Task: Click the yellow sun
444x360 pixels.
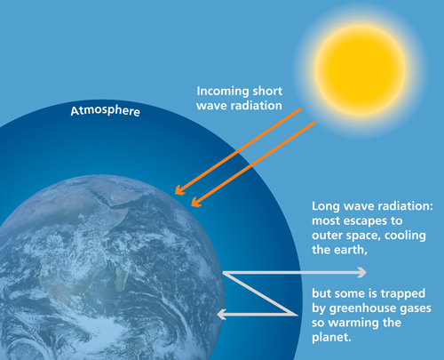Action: click(x=361, y=70)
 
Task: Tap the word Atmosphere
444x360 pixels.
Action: click(x=106, y=110)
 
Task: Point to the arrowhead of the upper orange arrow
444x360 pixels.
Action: click(x=179, y=190)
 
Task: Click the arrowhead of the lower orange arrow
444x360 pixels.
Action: click(x=196, y=202)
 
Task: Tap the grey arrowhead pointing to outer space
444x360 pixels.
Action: click(x=362, y=272)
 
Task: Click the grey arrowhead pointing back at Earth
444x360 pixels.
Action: click(x=222, y=314)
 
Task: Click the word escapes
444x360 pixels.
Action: click(x=362, y=220)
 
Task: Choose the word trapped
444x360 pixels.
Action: click(x=403, y=294)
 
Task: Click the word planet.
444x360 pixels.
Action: click(x=331, y=338)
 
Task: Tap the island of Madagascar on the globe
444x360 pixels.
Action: click(x=121, y=278)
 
